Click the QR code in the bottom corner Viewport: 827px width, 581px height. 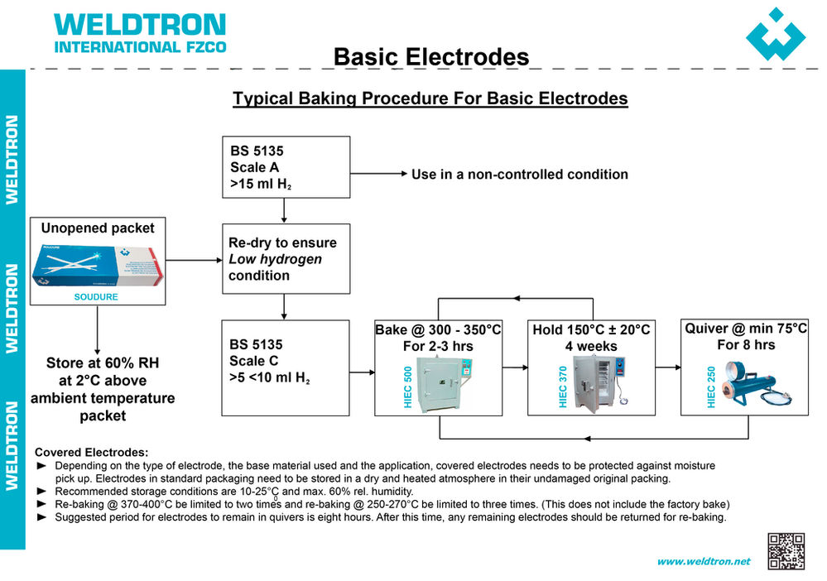[x=786, y=551]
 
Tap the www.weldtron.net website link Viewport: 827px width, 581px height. [x=703, y=561]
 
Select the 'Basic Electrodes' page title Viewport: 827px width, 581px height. [x=430, y=56]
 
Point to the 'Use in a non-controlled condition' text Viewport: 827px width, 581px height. [x=519, y=175]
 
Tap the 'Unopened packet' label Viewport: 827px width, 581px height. [x=98, y=228]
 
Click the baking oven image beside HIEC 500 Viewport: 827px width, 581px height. [x=445, y=382]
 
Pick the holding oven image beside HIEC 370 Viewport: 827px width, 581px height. [x=602, y=382]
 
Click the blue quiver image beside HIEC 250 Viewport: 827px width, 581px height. [x=756, y=383]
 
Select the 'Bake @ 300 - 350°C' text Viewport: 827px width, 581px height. [x=438, y=330]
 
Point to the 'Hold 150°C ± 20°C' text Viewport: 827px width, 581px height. [x=591, y=330]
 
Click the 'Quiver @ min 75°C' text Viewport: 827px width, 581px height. [x=745, y=329]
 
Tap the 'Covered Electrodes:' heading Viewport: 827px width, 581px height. [x=91, y=452]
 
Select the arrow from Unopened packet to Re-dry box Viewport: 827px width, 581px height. [x=193, y=260]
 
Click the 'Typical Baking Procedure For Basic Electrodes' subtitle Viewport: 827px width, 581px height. [x=430, y=98]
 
